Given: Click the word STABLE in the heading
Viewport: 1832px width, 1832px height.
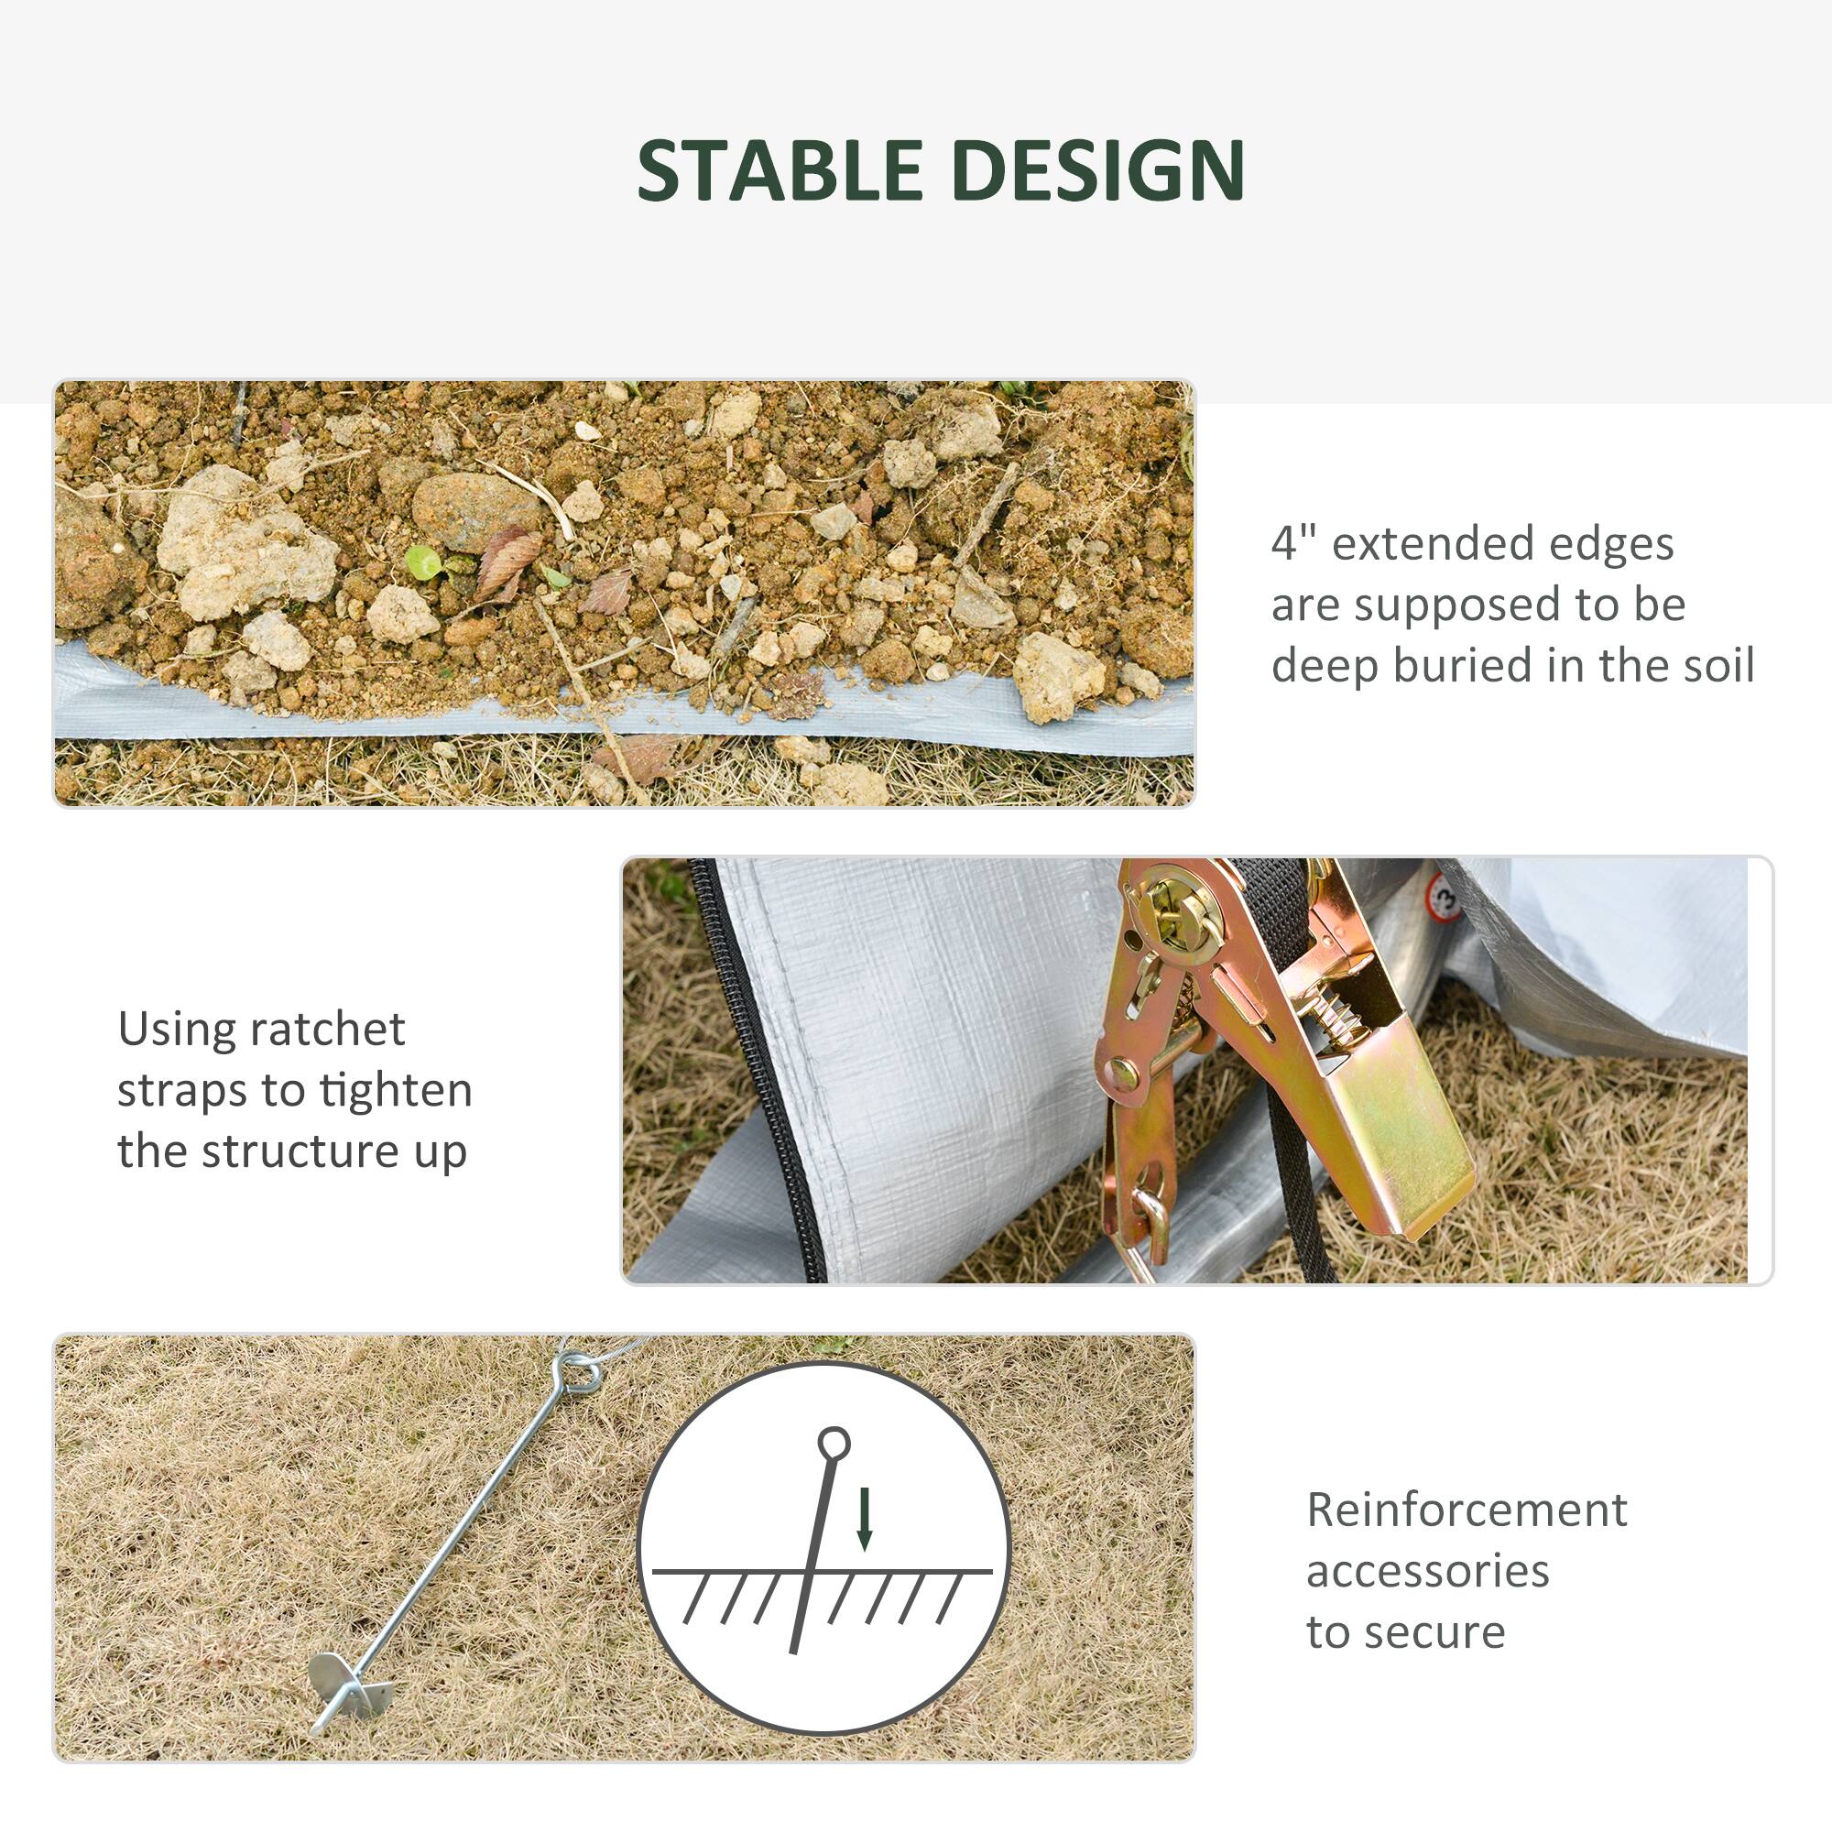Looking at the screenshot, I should point(779,169).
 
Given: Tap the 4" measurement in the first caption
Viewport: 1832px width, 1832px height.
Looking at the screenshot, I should point(1293,543).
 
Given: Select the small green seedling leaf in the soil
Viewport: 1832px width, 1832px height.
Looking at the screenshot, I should point(423,562).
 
